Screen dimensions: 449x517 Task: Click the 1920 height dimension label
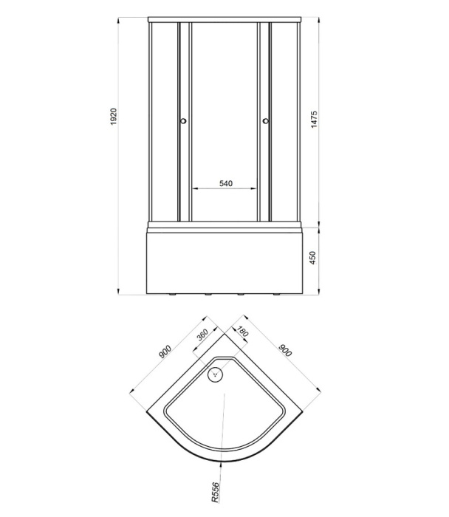pyautogui.click(x=114, y=117)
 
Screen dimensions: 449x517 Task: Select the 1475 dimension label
pyautogui.click(x=314, y=120)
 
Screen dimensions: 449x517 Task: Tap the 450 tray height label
pyautogui.click(x=312, y=258)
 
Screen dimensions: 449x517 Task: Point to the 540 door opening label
pyautogui.click(x=226, y=183)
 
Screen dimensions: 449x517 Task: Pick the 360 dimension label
pyautogui.click(x=202, y=335)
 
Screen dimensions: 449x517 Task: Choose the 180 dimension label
pyautogui.click(x=242, y=332)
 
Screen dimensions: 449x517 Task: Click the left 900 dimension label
pyautogui.click(x=165, y=352)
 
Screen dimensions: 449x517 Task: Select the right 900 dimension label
pyautogui.click(x=286, y=351)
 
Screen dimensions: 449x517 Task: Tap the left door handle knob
pyautogui.click(x=183, y=121)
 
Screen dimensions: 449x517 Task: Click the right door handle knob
pyautogui.click(x=266, y=121)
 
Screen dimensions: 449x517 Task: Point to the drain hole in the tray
pyautogui.click(x=216, y=374)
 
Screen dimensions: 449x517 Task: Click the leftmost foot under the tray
pyautogui.click(x=171, y=295)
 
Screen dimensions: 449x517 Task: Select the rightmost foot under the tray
pyautogui.click(x=277, y=295)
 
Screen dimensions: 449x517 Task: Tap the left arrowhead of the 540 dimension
pyautogui.click(x=195, y=188)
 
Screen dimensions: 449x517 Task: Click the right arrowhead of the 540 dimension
pyautogui.click(x=253, y=188)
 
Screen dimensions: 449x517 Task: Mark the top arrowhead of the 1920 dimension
pyautogui.click(x=118, y=21)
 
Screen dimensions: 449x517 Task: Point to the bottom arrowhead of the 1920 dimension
pyautogui.click(x=118, y=292)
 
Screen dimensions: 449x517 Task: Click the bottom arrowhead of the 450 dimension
pyautogui.click(x=319, y=292)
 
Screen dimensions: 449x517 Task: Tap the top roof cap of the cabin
pyautogui.click(x=224, y=19)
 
